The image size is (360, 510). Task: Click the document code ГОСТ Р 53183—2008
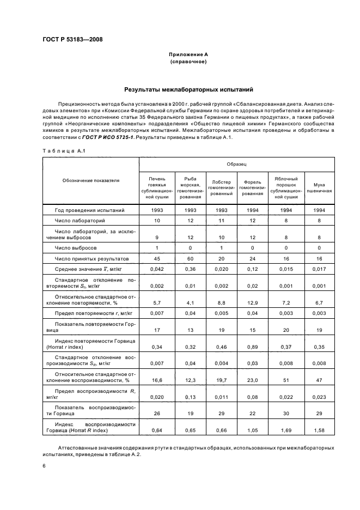tap(72, 40)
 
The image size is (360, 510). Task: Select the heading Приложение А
tap(188, 54)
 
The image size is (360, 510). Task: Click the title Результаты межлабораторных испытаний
tap(188, 89)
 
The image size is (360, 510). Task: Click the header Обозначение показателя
tap(91, 179)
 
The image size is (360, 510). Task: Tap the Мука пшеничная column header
tap(319, 188)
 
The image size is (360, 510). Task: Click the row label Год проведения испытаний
tap(90, 210)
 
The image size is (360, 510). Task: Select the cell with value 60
tap(190, 258)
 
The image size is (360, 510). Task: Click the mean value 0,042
tap(157, 269)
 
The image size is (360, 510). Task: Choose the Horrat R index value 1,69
tap(286, 431)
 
